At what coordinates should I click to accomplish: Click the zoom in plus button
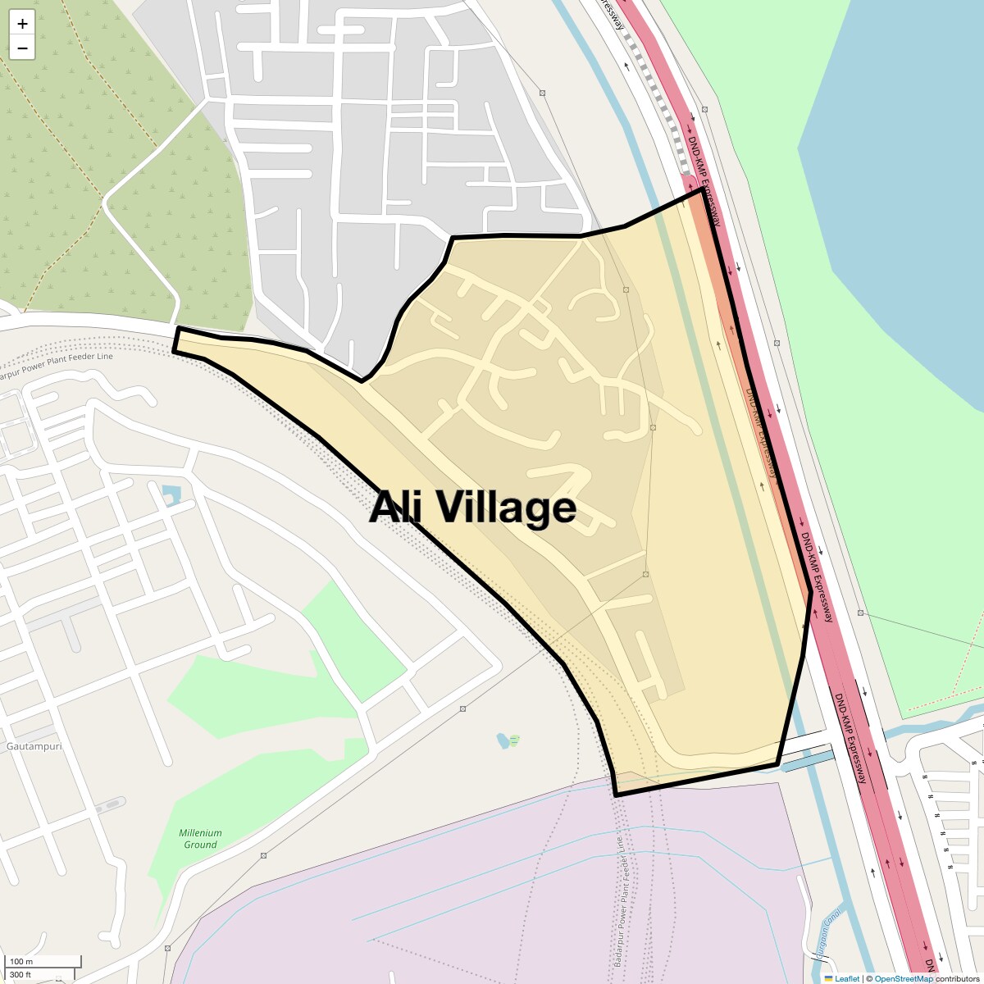coord(22,24)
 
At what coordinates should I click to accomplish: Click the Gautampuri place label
coord(34,747)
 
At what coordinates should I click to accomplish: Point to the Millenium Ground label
coord(200,839)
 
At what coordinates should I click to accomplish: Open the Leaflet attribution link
coord(847,978)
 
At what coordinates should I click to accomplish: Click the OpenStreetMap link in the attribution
coord(904,978)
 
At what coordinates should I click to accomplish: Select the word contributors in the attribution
coord(958,978)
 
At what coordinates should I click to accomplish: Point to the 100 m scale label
coord(22,961)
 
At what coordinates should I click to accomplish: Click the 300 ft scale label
coord(22,974)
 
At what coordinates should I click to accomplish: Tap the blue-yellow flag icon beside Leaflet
coord(829,978)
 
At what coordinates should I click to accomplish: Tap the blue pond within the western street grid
coord(171,494)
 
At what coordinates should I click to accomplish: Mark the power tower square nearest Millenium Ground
coord(263,855)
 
